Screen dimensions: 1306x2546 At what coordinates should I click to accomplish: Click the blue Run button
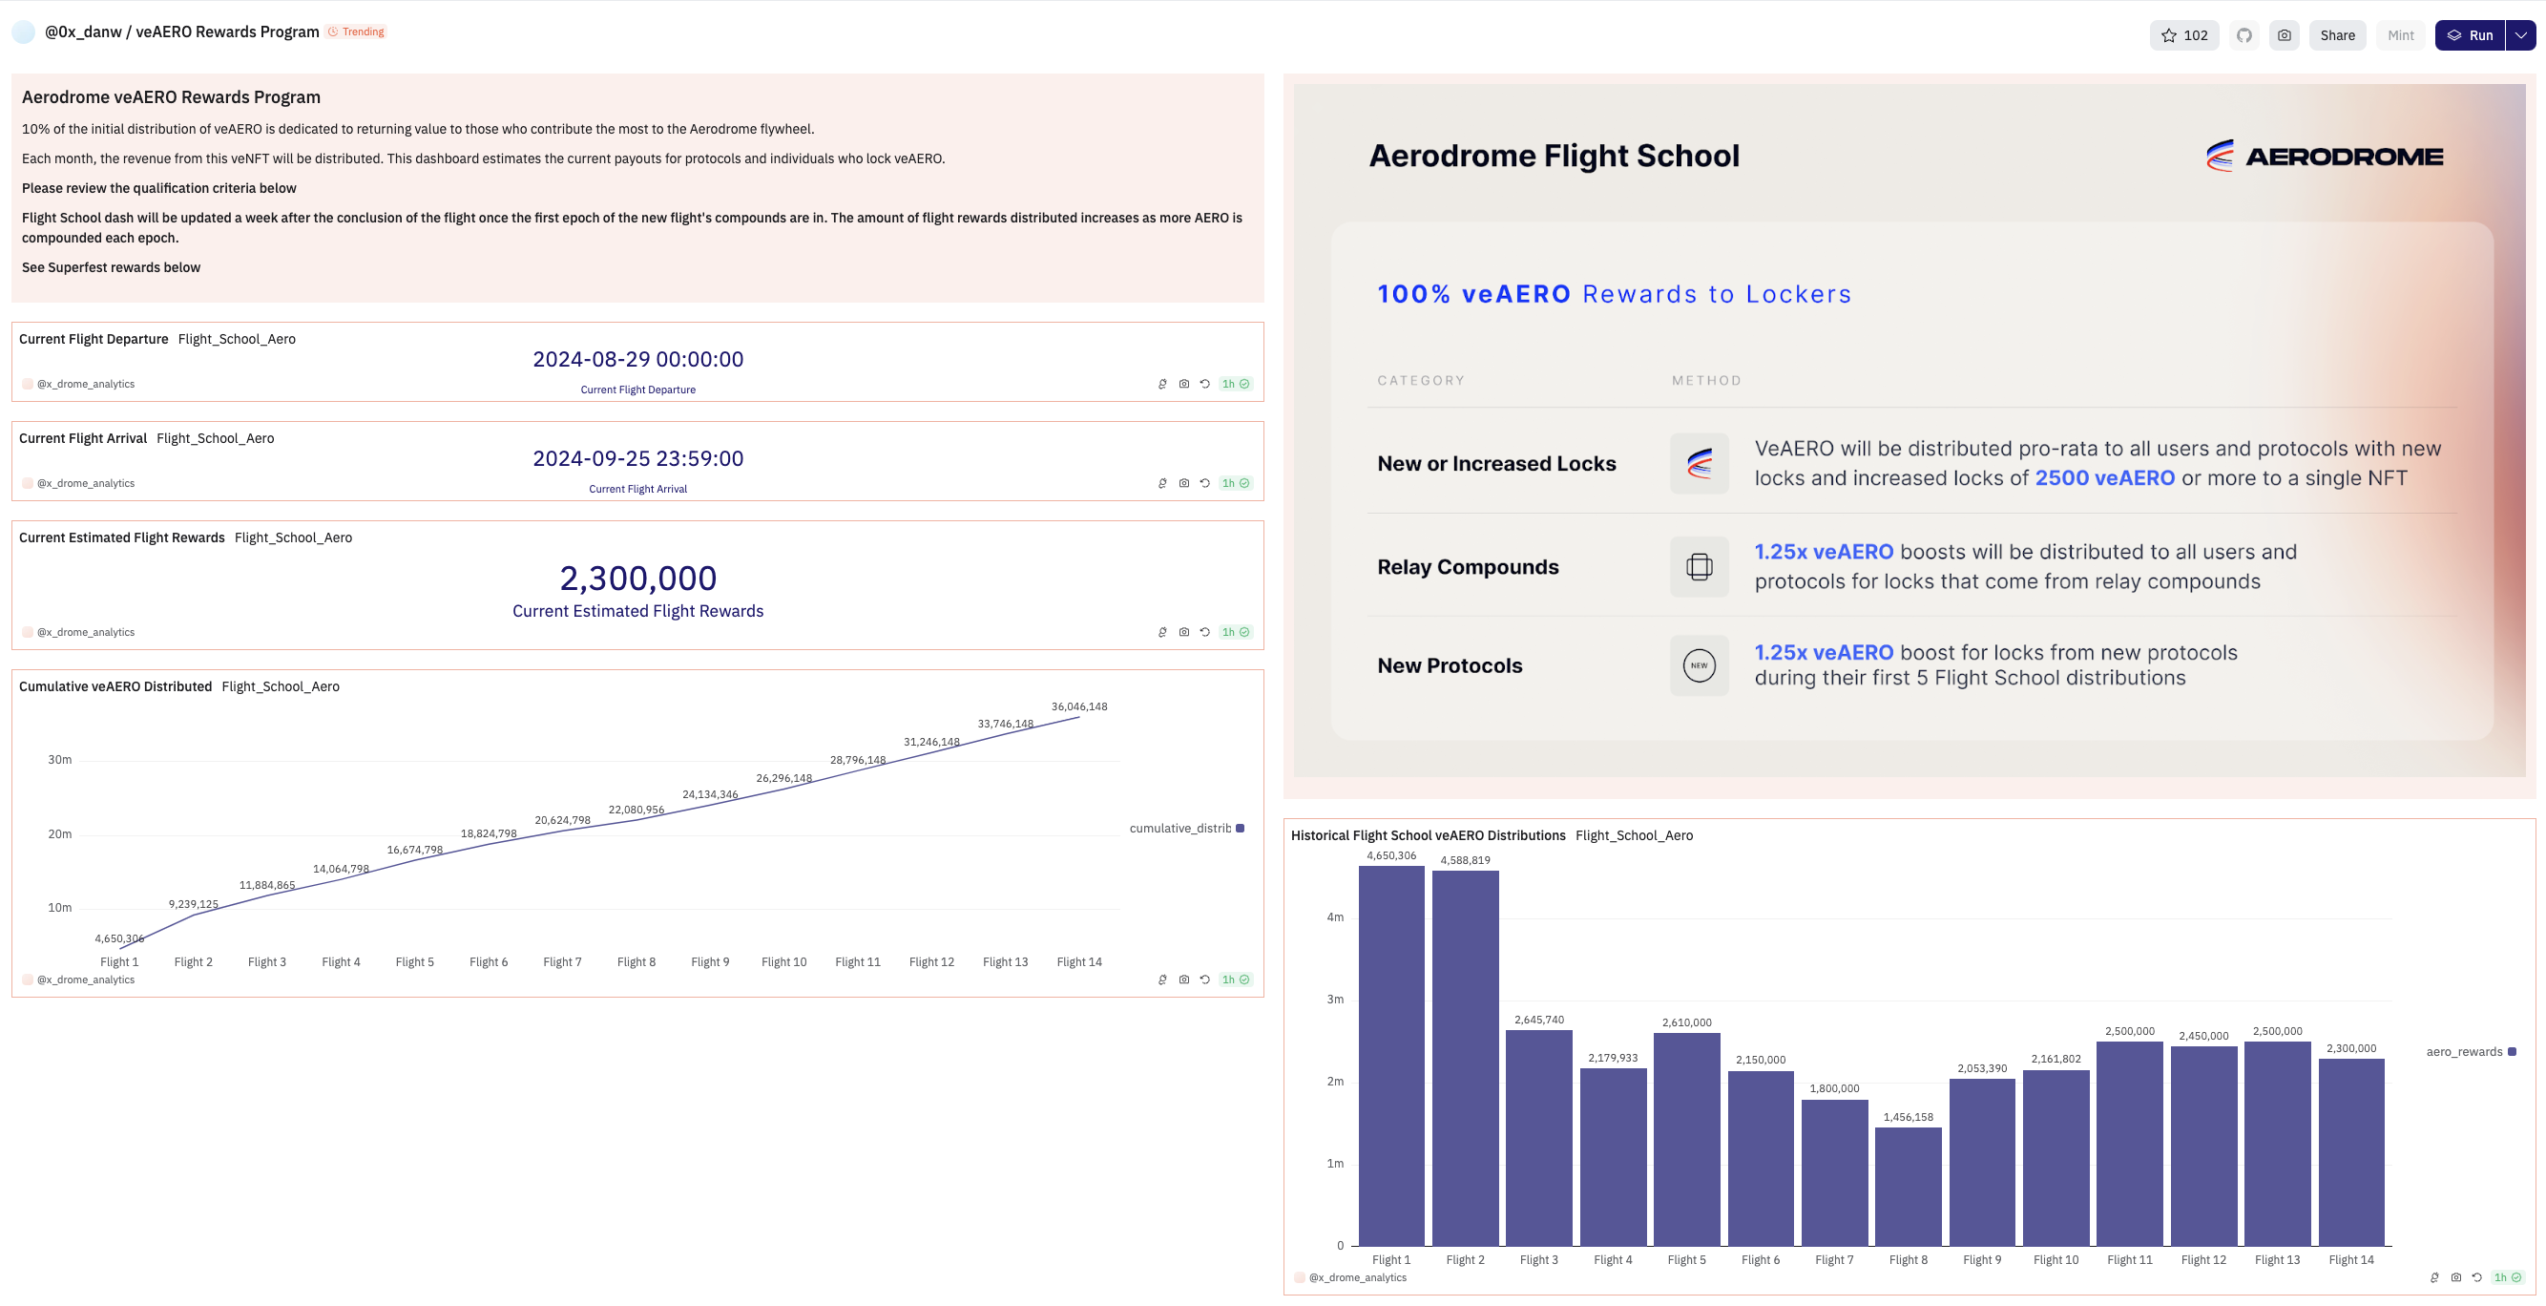pos(2470,35)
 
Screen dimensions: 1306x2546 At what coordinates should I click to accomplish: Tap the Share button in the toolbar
pos(2336,35)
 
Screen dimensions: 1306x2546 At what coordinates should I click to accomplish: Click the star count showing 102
pos(2184,35)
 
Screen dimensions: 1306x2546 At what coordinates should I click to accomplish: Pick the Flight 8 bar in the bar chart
pos(1908,1186)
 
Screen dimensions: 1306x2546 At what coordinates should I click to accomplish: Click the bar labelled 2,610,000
pos(1686,1138)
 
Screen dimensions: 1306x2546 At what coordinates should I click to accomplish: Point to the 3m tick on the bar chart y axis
pos(1334,1000)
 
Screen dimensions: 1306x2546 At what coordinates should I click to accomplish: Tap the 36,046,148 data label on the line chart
pos(1078,706)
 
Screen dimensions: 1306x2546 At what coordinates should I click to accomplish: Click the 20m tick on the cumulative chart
pos(59,834)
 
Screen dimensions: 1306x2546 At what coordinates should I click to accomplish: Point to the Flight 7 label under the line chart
pos(562,962)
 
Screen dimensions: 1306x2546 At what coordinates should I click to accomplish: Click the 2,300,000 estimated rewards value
pos(637,579)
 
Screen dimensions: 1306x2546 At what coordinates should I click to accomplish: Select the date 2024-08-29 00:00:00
pos(637,360)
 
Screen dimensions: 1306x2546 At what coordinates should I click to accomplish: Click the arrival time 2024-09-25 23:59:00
pos(637,459)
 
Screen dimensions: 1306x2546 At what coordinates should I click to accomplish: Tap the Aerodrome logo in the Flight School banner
pos(2324,157)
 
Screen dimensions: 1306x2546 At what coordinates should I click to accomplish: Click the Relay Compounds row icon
pos(1699,566)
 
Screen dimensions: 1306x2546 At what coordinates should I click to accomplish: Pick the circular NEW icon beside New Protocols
pos(1699,665)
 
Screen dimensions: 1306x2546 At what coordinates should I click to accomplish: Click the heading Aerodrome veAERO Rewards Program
pos(171,96)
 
